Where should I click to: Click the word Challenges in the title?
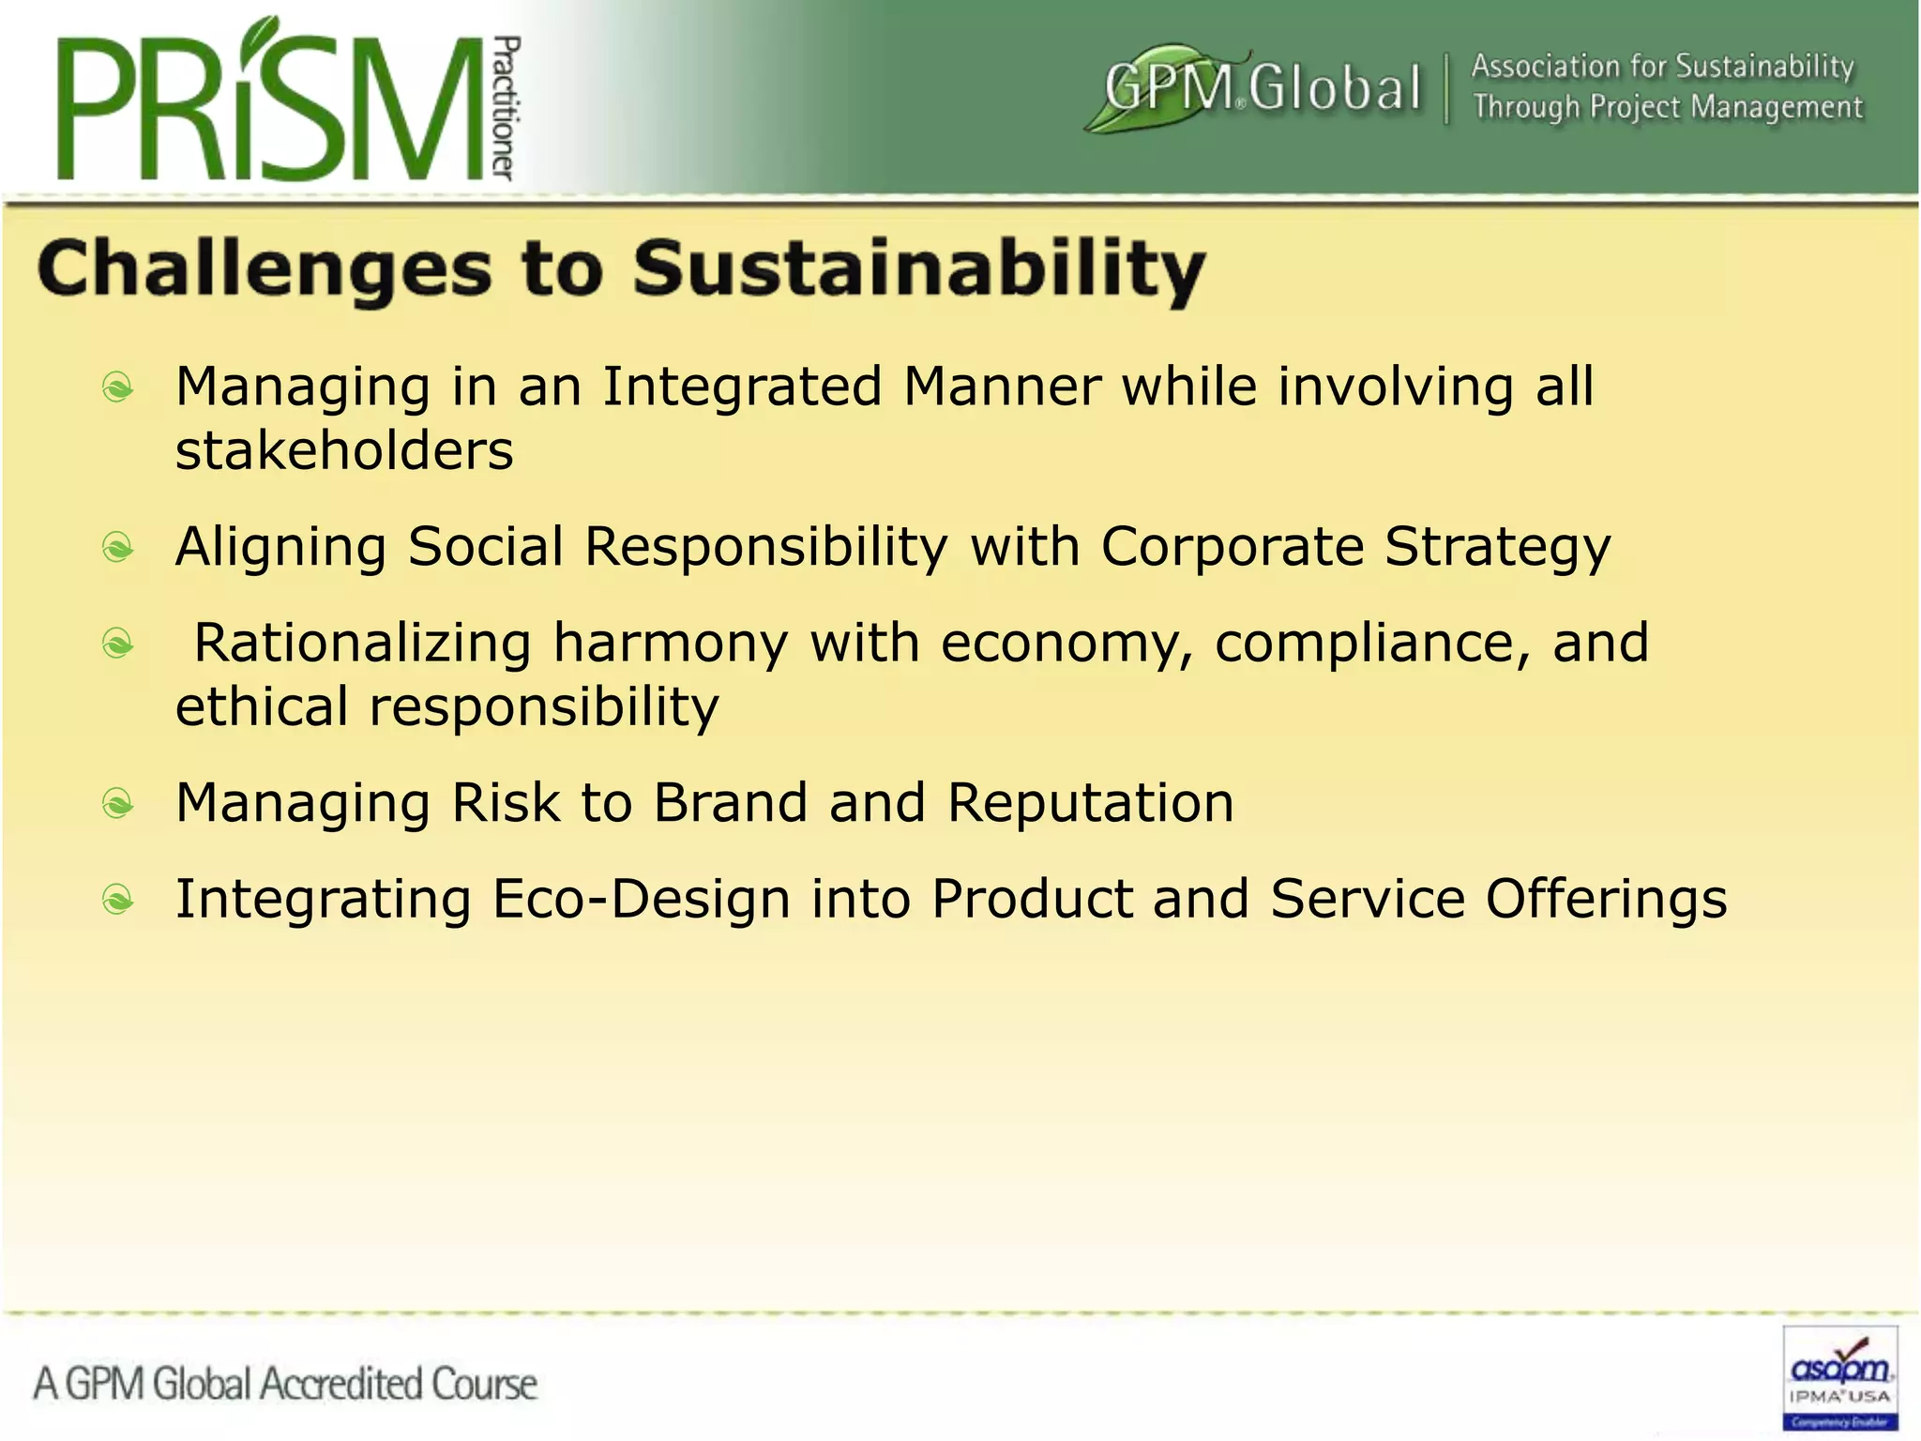coord(264,270)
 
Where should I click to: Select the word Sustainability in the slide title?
coord(918,270)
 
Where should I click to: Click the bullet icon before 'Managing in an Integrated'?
coord(118,387)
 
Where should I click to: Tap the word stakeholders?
coord(344,450)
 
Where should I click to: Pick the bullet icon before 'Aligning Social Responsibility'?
coord(118,547)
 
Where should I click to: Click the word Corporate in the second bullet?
coord(1232,546)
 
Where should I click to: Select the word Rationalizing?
coord(362,643)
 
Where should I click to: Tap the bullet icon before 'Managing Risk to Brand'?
coord(118,803)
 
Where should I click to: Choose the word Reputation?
coord(1090,803)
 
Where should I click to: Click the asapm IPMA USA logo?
coord(1839,1377)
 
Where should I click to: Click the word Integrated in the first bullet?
coord(742,387)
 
